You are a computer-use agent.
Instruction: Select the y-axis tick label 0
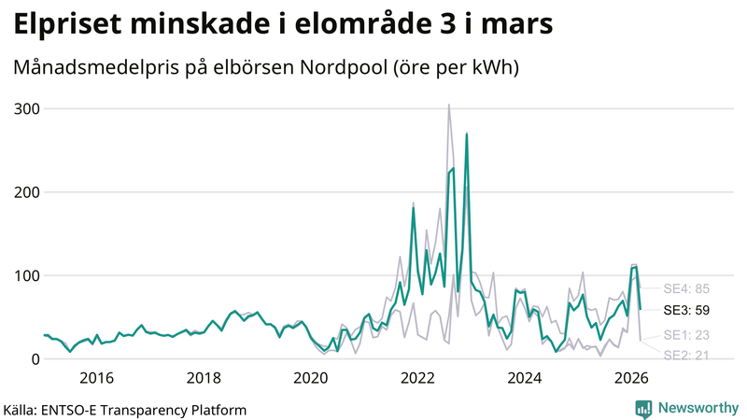(34, 359)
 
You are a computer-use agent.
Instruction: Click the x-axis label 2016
(96, 378)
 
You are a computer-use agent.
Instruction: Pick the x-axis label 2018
(204, 378)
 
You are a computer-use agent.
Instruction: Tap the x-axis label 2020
(311, 378)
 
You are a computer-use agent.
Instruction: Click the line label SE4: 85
(686, 288)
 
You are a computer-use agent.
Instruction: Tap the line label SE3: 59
(686, 309)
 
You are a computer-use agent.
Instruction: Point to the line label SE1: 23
(686, 335)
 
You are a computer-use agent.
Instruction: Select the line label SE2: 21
(686, 355)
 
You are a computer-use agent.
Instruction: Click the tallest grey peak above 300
(448, 105)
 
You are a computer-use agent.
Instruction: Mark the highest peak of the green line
(466, 134)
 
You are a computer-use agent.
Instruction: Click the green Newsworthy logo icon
(643, 408)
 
